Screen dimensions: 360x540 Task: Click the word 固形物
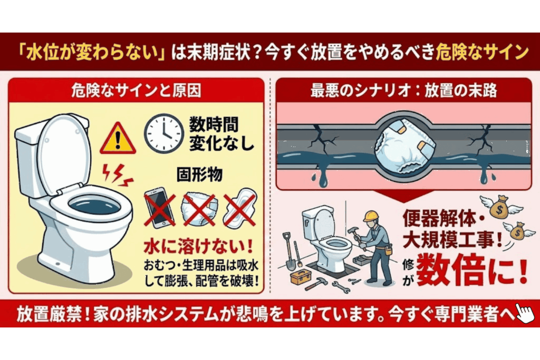tap(198, 175)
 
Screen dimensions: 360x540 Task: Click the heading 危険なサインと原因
tap(136, 91)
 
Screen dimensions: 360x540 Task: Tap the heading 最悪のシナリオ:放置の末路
tap(404, 91)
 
